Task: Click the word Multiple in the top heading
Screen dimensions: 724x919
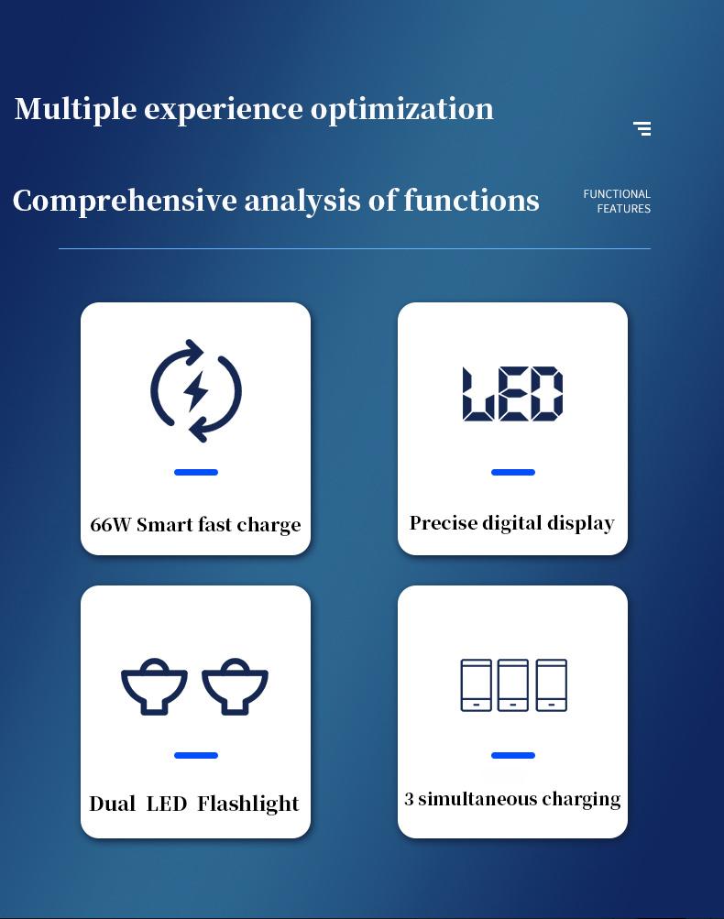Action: click(x=76, y=110)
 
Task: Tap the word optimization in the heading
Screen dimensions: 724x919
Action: click(x=402, y=110)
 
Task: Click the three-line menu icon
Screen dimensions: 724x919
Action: click(x=642, y=128)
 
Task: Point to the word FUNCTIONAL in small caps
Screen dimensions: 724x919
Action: click(x=617, y=194)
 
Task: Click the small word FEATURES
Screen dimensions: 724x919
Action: click(x=624, y=209)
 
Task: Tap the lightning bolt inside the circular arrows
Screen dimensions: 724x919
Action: click(x=196, y=391)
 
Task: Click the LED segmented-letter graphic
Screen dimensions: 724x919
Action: click(x=513, y=394)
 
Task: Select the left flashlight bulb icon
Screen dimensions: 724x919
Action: click(x=154, y=686)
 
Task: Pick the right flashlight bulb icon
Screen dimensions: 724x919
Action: click(x=236, y=686)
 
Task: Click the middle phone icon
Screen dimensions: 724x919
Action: click(x=513, y=685)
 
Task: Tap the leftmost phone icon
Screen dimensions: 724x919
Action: click(x=476, y=685)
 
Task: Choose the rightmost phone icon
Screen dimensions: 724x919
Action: click(x=552, y=685)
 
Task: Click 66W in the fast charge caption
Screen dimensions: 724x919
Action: click(x=110, y=525)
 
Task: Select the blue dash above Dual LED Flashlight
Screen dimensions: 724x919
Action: click(x=196, y=756)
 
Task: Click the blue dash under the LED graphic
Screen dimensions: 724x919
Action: click(x=513, y=473)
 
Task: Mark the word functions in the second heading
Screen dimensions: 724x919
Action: click(x=471, y=201)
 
